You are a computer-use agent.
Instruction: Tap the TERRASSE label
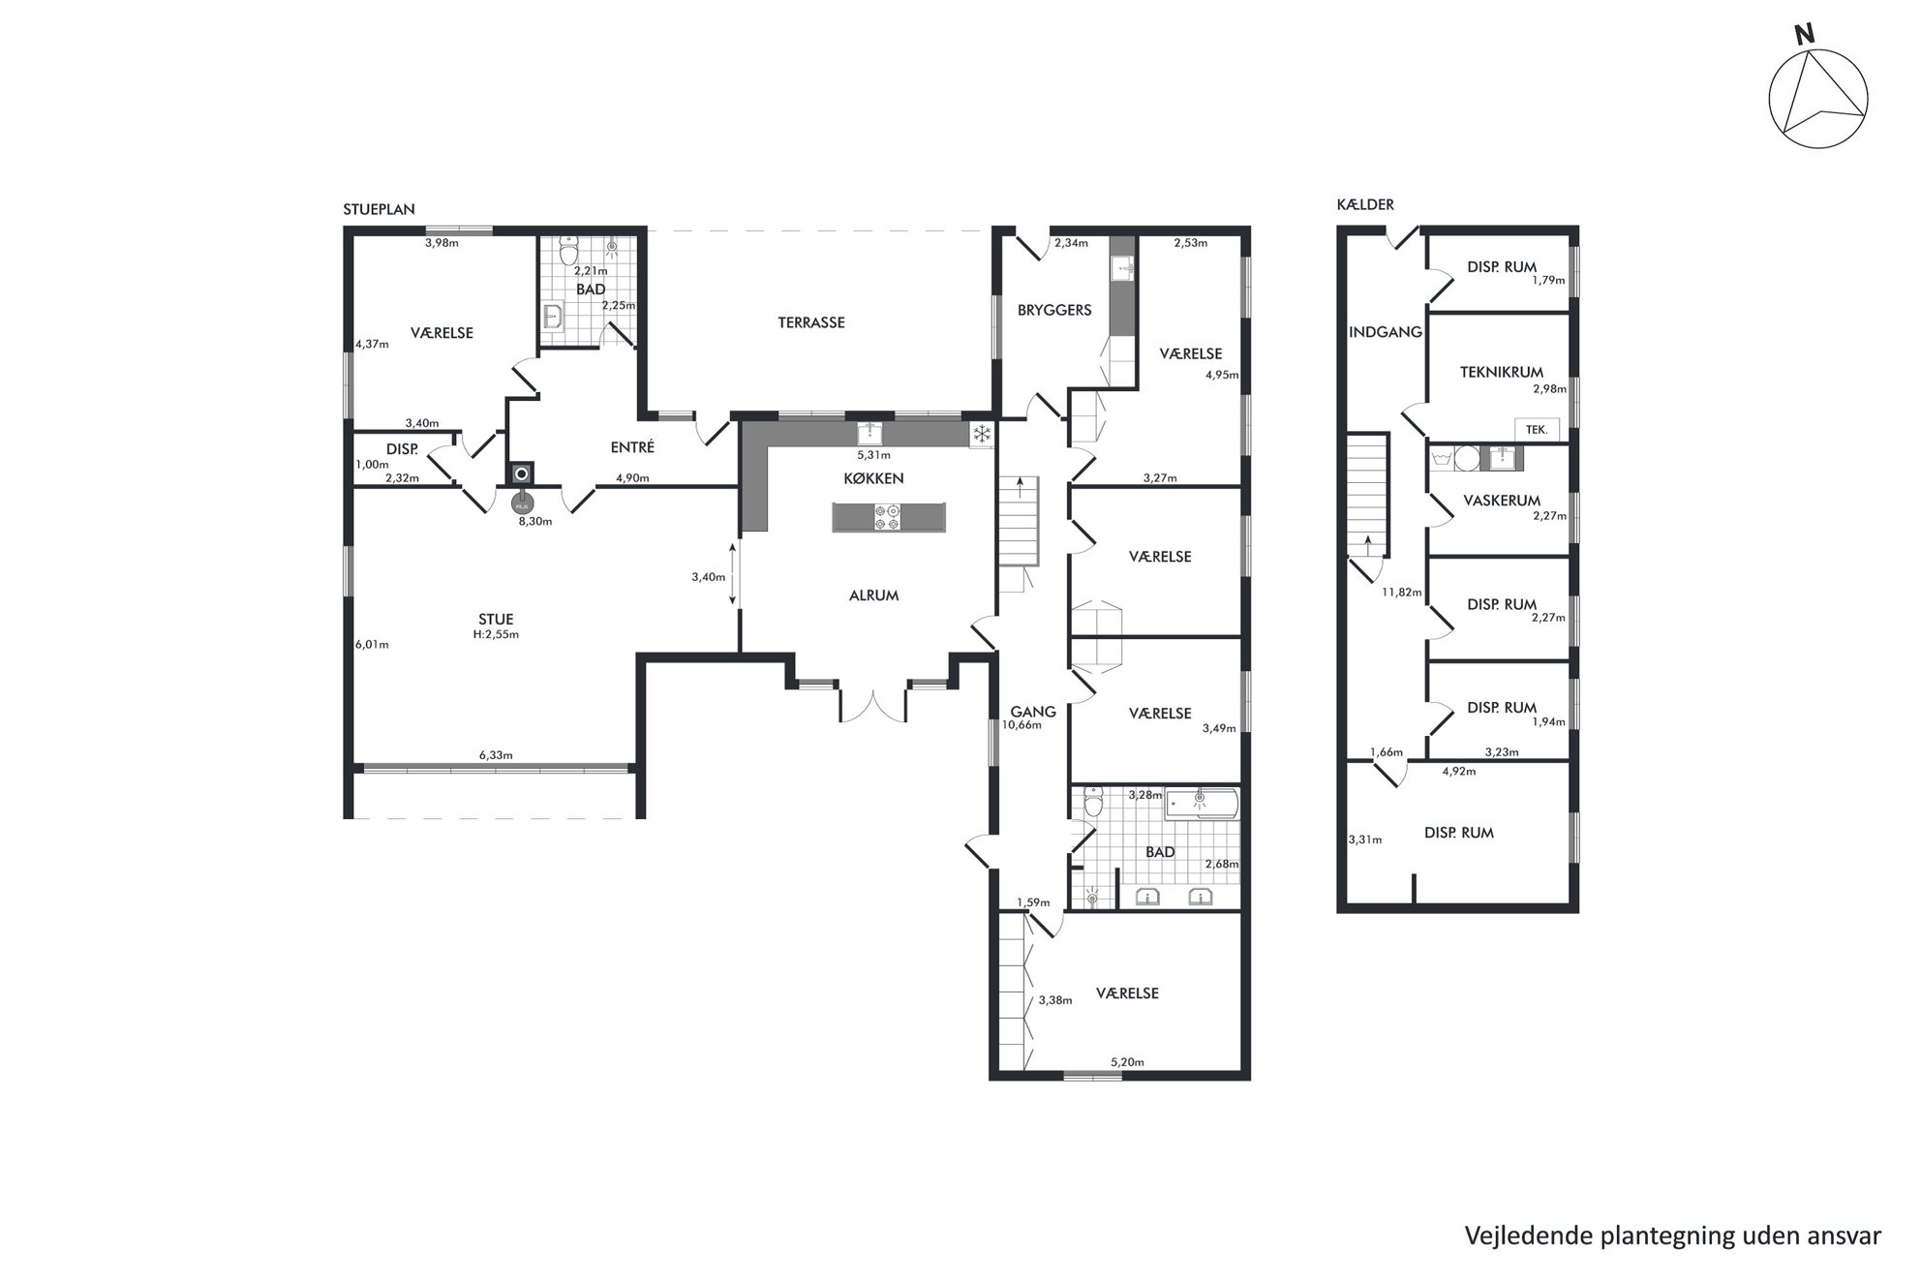[x=811, y=322]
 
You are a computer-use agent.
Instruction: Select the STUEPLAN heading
[x=380, y=209]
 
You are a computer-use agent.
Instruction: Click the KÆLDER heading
[x=1365, y=204]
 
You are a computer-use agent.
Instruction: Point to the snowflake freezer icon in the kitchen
[x=982, y=434]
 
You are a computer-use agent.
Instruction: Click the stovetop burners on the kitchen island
[x=887, y=517]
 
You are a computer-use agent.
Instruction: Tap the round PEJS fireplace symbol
[x=522, y=503]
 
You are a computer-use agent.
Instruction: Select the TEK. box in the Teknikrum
[x=1537, y=429]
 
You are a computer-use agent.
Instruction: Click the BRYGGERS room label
[x=1054, y=310]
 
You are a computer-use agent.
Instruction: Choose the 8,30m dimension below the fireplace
[x=535, y=521]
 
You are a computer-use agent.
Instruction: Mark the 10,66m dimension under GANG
[x=1021, y=724]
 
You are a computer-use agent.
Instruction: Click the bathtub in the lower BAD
[x=1202, y=804]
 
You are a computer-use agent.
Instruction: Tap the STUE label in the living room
[x=496, y=619]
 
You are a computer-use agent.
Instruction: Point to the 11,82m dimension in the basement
[x=1401, y=593]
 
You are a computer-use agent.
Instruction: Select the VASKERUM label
[x=1502, y=501]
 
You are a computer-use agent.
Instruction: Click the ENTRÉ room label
[x=632, y=447]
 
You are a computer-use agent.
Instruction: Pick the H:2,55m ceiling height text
[x=496, y=635]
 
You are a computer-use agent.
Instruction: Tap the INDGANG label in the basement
[x=1386, y=332]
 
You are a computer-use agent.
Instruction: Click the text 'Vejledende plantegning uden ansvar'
[x=1673, y=1236]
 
